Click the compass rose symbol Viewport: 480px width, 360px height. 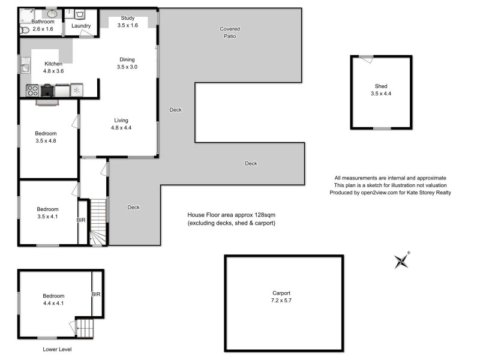[x=401, y=260]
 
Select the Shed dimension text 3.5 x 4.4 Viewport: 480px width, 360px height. [x=381, y=93]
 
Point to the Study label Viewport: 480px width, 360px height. [x=127, y=18]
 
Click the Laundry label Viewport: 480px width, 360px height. [x=81, y=26]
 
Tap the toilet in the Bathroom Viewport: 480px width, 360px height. [x=25, y=29]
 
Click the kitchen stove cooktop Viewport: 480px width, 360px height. [x=32, y=91]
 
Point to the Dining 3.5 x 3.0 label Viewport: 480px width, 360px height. [x=127, y=63]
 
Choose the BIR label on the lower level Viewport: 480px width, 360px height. [x=96, y=295]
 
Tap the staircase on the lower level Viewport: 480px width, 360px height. [x=85, y=328]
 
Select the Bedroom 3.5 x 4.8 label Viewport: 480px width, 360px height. [x=46, y=137]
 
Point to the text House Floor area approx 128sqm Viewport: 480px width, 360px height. [x=231, y=215]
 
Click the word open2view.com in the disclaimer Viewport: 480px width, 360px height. [x=379, y=193]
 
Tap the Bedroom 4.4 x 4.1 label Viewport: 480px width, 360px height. [x=53, y=299]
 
